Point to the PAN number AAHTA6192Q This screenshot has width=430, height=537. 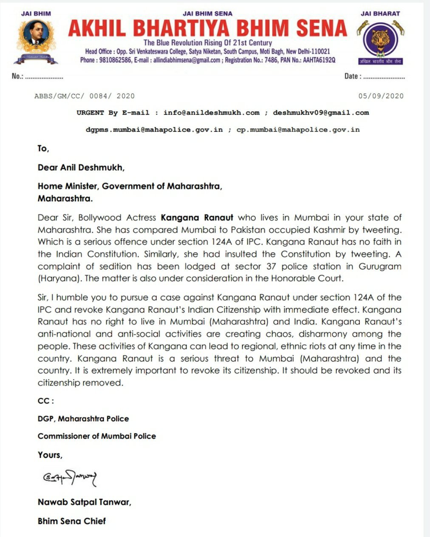click(319, 60)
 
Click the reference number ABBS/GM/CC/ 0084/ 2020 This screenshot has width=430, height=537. click(84, 96)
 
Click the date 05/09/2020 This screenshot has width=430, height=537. click(381, 96)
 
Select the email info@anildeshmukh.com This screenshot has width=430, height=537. click(211, 113)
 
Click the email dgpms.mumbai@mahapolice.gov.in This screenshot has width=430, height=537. click(154, 129)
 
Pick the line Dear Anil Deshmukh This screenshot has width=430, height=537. click(81, 167)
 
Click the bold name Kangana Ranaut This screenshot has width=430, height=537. click(197, 218)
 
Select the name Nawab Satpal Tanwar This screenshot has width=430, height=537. click(84, 502)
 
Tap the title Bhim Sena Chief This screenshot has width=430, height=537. click(71, 521)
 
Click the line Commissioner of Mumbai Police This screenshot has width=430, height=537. click(96, 436)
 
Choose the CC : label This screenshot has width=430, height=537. click(45, 401)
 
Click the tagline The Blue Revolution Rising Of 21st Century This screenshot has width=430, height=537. click(207, 42)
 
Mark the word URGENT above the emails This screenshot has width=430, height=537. click(90, 113)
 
